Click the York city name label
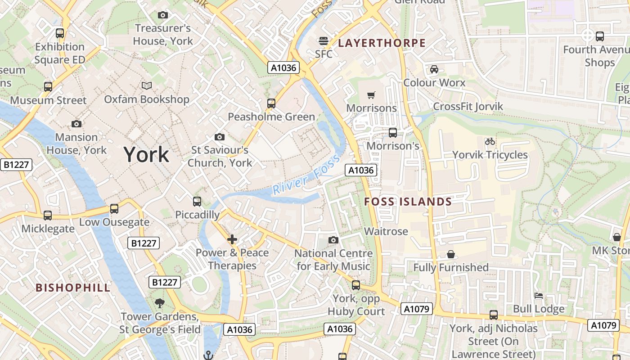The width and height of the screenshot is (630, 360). point(146,155)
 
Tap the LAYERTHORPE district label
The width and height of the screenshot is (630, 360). point(382,43)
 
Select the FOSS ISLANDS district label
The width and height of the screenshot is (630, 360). point(408,202)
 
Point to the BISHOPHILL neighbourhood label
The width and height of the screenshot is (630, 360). point(73,288)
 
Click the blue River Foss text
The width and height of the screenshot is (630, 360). point(306,180)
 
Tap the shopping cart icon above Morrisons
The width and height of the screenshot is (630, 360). point(371,95)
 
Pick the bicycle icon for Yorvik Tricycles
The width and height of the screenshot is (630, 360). point(490,141)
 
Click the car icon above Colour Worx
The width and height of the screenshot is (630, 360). point(434,69)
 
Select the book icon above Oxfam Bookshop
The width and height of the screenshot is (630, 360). point(147,85)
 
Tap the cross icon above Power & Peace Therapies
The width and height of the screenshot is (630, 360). point(232,239)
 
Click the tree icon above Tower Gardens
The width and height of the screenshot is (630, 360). point(160,303)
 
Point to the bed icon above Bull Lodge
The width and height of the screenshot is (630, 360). point(539,296)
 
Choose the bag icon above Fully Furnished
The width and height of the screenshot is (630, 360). point(450,255)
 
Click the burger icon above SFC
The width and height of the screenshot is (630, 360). point(323,41)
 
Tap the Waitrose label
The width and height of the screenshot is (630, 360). point(386,231)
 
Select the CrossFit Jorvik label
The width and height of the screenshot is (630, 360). point(468,107)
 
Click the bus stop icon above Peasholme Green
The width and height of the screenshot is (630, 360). point(271,103)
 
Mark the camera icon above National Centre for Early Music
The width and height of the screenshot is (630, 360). point(333,240)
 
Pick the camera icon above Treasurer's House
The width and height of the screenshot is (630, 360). point(163,15)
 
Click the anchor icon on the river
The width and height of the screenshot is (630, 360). point(208,355)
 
